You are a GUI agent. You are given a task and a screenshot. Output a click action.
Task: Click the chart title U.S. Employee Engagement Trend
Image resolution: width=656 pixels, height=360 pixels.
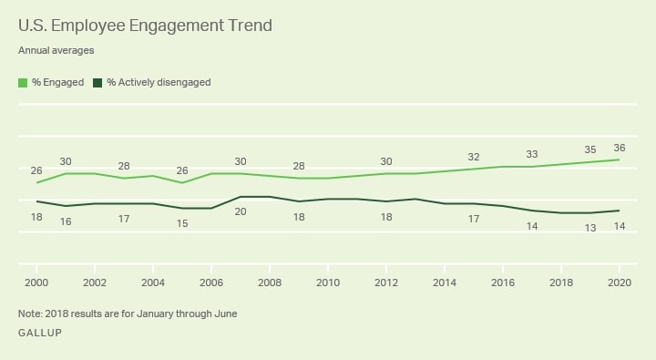click(x=145, y=26)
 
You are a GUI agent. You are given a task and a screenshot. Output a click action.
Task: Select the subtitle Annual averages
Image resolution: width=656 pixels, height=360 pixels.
click(x=56, y=51)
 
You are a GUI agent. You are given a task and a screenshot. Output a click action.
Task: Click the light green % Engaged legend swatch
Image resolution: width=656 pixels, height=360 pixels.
click(x=23, y=82)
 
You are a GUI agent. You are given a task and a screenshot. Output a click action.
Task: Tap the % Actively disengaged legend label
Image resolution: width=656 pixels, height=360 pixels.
click(x=159, y=82)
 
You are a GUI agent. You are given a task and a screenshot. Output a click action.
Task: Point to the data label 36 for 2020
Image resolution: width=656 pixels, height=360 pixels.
click(x=620, y=148)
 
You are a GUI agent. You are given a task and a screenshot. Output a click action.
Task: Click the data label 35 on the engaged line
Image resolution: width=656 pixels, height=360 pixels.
click(x=589, y=149)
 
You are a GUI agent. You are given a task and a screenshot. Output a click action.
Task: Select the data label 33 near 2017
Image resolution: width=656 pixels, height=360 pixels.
click(x=531, y=154)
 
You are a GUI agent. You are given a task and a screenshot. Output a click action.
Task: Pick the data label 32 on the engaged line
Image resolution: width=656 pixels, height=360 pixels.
click(x=473, y=157)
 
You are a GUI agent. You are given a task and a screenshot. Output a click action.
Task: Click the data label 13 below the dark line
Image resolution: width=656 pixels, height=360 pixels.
click(x=589, y=228)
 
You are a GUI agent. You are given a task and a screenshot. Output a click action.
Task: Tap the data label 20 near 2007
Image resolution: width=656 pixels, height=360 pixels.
click(x=241, y=211)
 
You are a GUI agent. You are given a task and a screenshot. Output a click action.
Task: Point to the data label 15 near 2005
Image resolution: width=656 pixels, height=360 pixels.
click(x=182, y=223)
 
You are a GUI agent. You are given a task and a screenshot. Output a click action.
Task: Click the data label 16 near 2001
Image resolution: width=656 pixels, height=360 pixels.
click(x=66, y=221)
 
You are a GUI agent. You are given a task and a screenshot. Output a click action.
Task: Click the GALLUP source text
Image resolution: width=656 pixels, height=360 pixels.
click(x=40, y=334)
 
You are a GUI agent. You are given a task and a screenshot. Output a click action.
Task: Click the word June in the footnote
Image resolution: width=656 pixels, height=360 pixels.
click(x=225, y=314)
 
